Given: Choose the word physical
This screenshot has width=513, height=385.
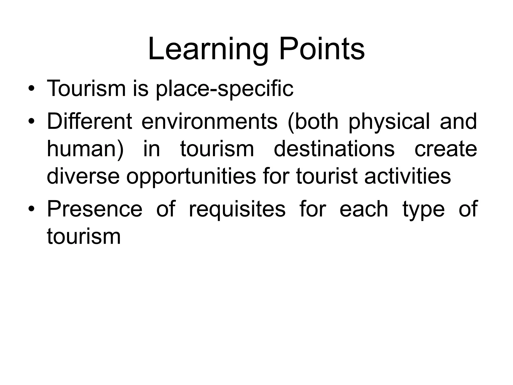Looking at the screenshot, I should pos(389,122).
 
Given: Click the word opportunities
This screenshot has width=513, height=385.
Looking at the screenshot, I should pos(191,177).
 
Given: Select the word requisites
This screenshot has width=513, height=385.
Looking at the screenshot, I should pos(237,210).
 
